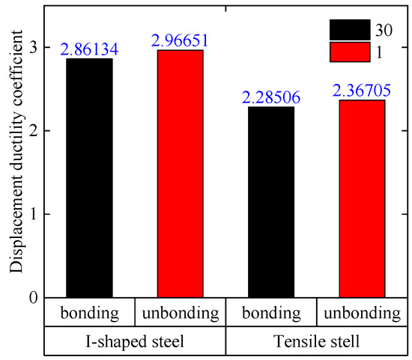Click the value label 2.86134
(89, 49)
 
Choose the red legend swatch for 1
(350, 52)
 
